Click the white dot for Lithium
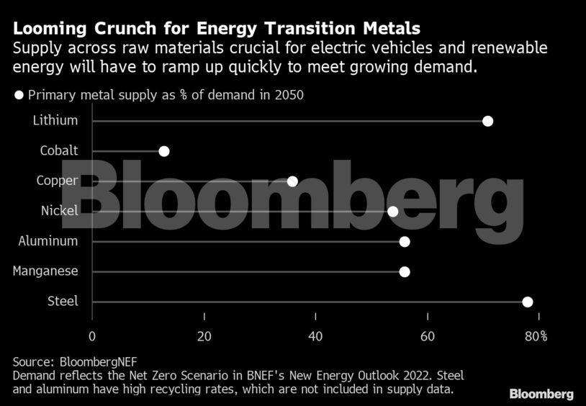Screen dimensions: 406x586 [x=487, y=121]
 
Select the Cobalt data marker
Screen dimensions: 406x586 [x=164, y=151]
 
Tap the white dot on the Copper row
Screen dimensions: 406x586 [x=292, y=181]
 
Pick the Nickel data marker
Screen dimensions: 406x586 [x=393, y=211]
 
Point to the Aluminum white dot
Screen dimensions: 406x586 [x=405, y=241]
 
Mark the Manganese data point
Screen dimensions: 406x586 [x=405, y=271]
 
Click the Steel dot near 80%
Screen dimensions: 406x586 [x=527, y=302]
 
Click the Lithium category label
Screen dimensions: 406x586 [x=55, y=121]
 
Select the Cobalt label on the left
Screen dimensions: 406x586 [x=59, y=151]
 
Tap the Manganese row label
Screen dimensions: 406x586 [x=45, y=271]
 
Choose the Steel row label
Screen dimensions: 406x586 [x=63, y=302]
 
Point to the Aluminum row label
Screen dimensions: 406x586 [x=48, y=241]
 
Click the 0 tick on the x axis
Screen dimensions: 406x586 [x=92, y=336]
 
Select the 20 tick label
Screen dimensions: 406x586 [x=204, y=336]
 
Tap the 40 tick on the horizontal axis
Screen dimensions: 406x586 [x=315, y=336]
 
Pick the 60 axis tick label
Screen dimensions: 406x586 [x=428, y=336]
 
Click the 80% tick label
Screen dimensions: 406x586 [x=536, y=336]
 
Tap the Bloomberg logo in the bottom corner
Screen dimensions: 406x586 [x=541, y=394]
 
